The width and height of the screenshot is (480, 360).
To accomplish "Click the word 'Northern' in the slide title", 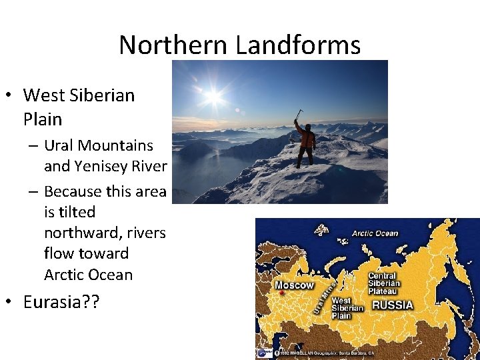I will click(x=175, y=45).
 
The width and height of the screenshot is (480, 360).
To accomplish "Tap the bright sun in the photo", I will click(x=213, y=96).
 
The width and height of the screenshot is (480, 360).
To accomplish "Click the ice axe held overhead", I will click(x=299, y=114).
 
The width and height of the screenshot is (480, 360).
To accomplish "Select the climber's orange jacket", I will click(x=306, y=137).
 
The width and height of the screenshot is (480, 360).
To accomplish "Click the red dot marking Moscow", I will click(x=283, y=293).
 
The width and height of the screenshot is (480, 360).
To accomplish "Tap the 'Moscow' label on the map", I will click(x=294, y=285).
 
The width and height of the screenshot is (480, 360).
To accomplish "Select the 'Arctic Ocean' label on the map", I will click(x=375, y=233).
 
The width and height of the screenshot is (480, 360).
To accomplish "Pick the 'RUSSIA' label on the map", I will click(x=392, y=305).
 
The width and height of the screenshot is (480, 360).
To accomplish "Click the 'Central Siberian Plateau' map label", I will click(x=383, y=283).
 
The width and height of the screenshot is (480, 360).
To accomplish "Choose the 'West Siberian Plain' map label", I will click(x=347, y=308).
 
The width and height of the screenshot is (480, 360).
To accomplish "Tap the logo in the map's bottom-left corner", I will click(x=264, y=353).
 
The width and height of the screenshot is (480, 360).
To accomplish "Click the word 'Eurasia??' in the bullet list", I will click(x=61, y=302).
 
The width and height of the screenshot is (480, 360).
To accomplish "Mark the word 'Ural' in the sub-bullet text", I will click(x=60, y=145).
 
